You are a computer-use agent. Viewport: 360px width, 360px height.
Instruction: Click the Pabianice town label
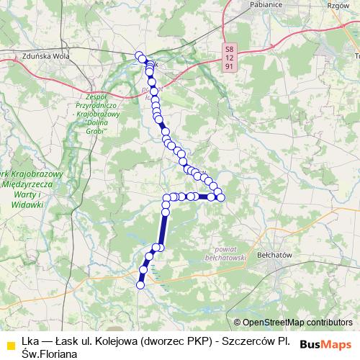pos(263,3)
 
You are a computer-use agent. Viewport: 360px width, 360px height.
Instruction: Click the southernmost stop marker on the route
pos(141,284)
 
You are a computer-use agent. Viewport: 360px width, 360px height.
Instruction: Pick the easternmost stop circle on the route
pos(221,197)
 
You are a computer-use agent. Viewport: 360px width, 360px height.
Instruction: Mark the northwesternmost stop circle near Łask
pos(139,55)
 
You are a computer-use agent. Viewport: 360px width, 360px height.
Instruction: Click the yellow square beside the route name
pos(9,343)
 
